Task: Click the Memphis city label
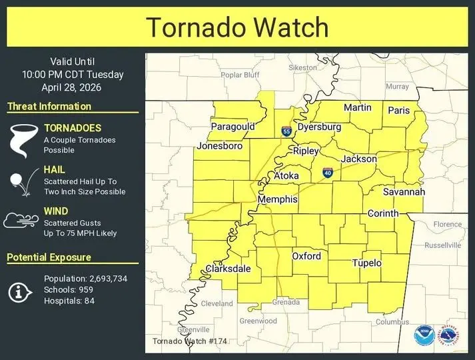pyautogui.click(x=277, y=200)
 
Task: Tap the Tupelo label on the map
pyautogui.click(x=366, y=263)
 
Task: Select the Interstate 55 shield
pyautogui.click(x=286, y=131)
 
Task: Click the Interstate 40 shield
pyautogui.click(x=328, y=173)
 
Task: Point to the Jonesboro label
pyautogui.click(x=219, y=146)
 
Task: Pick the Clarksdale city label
pyautogui.click(x=229, y=269)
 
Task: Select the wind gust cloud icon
pyautogui.click(x=21, y=221)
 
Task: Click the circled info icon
pyautogui.click(x=21, y=290)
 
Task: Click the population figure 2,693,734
pyautogui.click(x=108, y=279)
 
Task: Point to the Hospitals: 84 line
pyautogui.click(x=69, y=301)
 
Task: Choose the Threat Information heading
pyautogui.click(x=49, y=107)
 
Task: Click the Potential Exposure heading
pyautogui.click(x=49, y=257)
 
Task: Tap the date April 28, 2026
pyautogui.click(x=73, y=87)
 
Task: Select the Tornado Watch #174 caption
pyautogui.click(x=190, y=341)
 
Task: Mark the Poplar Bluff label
pyautogui.click(x=240, y=75)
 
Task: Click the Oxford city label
pyautogui.click(x=306, y=256)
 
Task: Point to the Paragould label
pyautogui.click(x=233, y=127)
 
